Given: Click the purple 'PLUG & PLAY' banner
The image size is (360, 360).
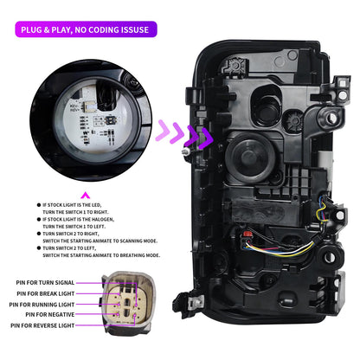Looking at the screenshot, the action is tap(86, 29).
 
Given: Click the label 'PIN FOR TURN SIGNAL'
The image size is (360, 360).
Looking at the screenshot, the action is tap(45, 283).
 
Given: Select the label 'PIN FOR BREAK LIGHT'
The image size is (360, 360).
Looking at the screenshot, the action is tap(46, 293).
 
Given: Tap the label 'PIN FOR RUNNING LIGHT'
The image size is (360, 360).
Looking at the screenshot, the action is tap(42, 305).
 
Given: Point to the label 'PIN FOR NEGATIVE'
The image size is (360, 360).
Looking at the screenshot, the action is tap(50, 314).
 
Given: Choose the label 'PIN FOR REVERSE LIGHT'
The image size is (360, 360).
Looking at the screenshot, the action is tap(42, 325).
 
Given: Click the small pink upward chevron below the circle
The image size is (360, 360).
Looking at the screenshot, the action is tap(86, 196).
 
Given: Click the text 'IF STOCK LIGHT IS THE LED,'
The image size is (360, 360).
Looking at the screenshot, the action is tap(72, 205).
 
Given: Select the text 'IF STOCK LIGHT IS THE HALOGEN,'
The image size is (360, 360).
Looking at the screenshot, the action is tap(79, 220).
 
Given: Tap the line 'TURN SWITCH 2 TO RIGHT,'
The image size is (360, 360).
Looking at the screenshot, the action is tap(71, 234).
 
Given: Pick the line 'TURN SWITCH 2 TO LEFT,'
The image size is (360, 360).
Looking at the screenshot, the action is tap(69, 248).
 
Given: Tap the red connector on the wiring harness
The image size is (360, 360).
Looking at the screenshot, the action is tap(247, 234).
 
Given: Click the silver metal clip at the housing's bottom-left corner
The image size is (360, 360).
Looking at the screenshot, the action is tap(196, 302).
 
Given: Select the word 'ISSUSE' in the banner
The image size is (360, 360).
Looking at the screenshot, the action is tap(133, 29).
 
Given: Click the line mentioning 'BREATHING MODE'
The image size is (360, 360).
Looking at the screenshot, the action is tap(101, 255).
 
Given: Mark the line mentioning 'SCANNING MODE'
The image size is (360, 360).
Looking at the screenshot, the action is tap(100, 241).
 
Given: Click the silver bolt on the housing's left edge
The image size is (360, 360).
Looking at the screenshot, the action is tap(186, 151).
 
